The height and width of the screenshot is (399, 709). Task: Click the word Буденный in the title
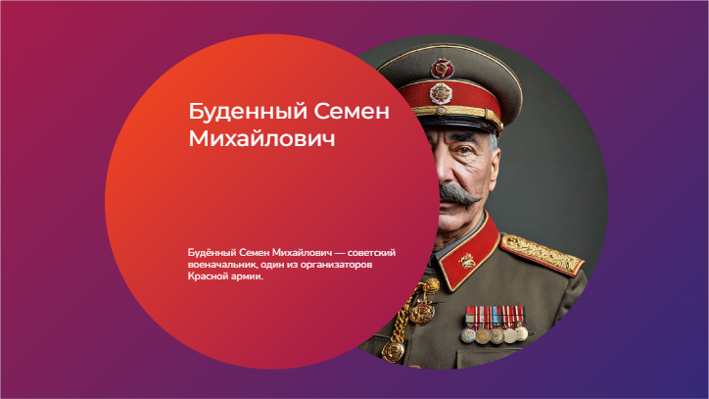click(248, 112)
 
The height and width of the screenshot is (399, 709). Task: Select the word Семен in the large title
click(352, 112)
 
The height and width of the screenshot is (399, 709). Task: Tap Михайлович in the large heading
click(261, 138)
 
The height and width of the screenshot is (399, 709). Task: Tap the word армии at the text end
click(247, 276)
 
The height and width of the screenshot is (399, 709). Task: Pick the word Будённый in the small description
click(212, 252)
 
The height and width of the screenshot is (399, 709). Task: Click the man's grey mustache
click(459, 193)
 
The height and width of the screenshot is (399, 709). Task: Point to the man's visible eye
click(464, 150)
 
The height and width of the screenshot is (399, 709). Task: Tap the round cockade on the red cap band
click(441, 94)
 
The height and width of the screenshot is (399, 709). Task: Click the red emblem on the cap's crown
click(442, 69)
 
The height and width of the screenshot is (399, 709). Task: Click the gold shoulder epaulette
click(542, 255)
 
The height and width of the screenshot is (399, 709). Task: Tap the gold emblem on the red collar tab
click(466, 261)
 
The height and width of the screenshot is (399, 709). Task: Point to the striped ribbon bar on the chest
click(495, 316)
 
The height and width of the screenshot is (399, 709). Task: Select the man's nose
click(447, 170)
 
